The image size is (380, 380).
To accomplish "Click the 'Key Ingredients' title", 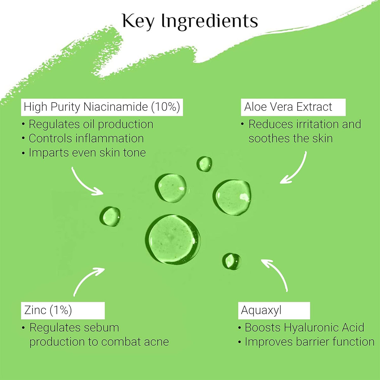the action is (x=190, y=21).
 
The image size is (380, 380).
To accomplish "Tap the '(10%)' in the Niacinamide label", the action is (x=166, y=107).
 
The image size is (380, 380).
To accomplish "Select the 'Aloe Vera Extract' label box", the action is (x=293, y=107).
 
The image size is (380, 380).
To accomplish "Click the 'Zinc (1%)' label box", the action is (x=63, y=310).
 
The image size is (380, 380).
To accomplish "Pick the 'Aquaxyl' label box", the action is (x=274, y=310).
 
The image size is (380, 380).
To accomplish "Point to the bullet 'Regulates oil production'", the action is (x=88, y=124).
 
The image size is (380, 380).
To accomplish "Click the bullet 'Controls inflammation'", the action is (x=83, y=138).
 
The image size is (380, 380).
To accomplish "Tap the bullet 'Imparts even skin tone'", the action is (x=84, y=153).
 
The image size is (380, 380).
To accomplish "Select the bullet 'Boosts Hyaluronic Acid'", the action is (x=301, y=327).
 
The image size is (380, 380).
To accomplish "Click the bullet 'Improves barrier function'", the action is (x=306, y=342).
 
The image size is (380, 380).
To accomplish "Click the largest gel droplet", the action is (x=173, y=240).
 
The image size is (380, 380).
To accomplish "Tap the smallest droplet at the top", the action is (x=204, y=164).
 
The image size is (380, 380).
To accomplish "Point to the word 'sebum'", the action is (x=102, y=327).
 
